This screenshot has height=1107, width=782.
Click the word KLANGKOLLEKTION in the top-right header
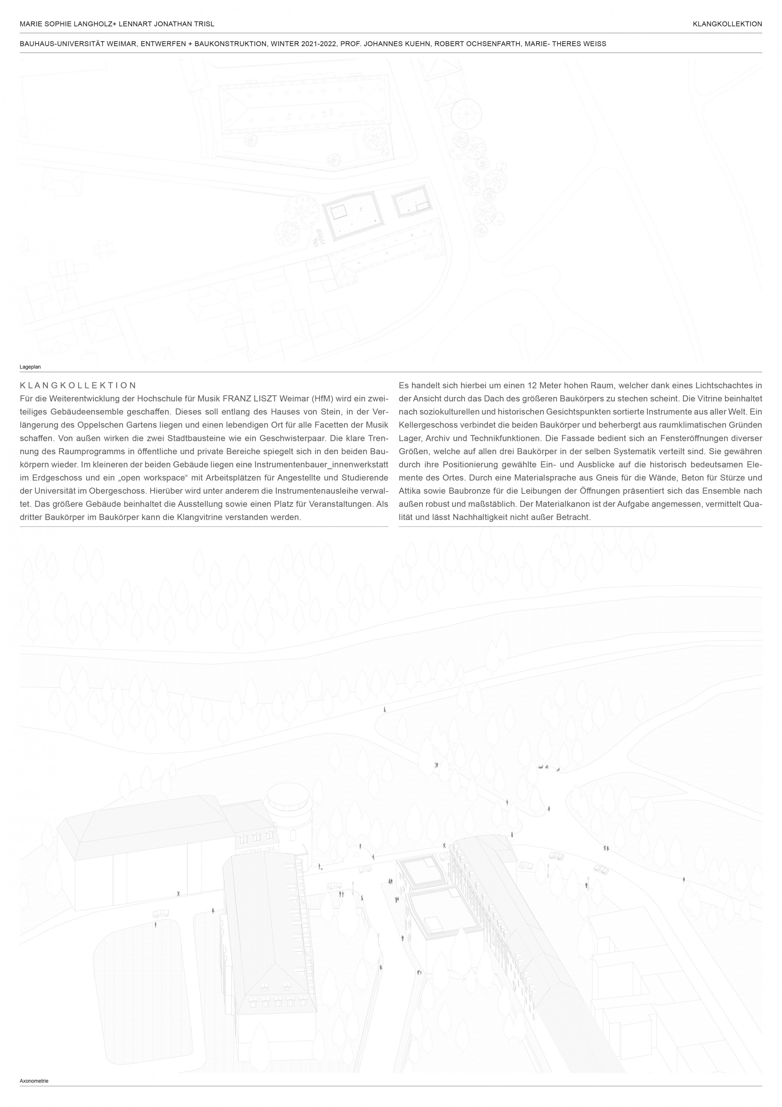coord(727,23)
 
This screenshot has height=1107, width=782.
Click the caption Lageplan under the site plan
coord(30,366)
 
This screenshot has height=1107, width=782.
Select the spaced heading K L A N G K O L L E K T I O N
coord(78,385)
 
